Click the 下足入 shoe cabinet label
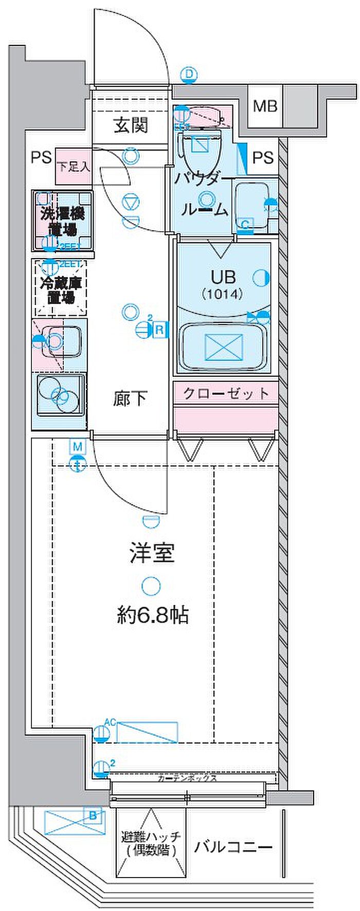(x=74, y=167)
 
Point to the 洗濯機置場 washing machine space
(x=63, y=221)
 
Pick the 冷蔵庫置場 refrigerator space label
(x=60, y=290)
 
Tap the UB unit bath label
(x=223, y=277)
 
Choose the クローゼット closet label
(x=226, y=394)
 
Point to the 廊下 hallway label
(x=130, y=398)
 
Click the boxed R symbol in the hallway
(x=159, y=330)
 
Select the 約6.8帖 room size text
(x=152, y=614)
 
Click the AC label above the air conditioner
(x=110, y=722)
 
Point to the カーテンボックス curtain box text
(x=187, y=778)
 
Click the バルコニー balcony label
(x=233, y=846)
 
